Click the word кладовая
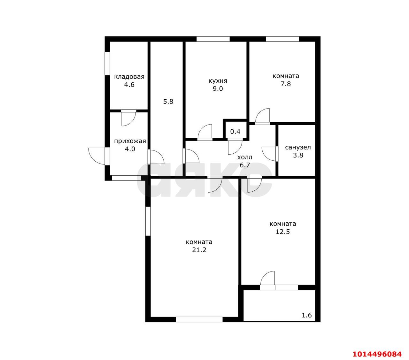coord(129,77)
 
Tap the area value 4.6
coord(129,85)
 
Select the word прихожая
coord(130,141)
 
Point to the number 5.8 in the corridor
coord(168,102)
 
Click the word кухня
coord(218,81)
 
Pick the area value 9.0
coord(218,89)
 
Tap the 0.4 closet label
coord(235,132)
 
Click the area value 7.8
coord(286,84)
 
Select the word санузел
coord(298,148)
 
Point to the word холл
coord(245,157)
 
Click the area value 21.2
coord(199,250)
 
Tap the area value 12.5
coord(283,232)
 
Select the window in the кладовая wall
coord(107,64)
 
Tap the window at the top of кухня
coord(213,39)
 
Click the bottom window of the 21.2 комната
coord(199,319)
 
